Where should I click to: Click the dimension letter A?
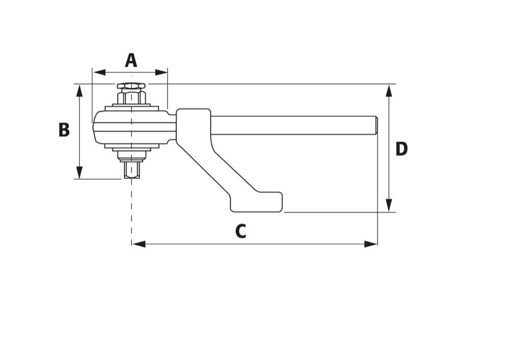point(131,61)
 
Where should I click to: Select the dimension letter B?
point(64,130)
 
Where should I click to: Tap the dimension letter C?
point(241,231)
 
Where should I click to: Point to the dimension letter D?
point(401,149)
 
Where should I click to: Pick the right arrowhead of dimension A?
point(161,72)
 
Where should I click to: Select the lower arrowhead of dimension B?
point(79,172)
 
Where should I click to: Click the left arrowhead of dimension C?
point(139,244)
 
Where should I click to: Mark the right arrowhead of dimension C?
point(371,244)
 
